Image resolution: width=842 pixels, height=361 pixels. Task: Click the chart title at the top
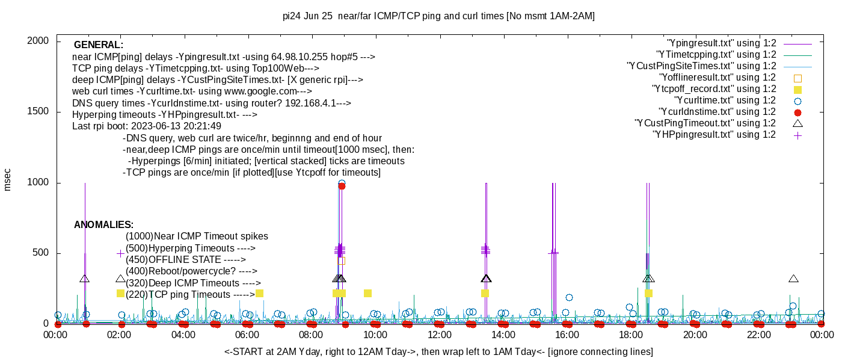pyautogui.click(x=438, y=16)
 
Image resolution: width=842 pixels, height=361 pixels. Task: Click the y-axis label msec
pyautogui.click(x=8, y=179)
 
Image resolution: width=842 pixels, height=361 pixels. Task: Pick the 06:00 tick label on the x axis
pyautogui.click(x=248, y=335)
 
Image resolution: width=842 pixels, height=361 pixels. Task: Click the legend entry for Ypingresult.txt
pyautogui.click(x=722, y=43)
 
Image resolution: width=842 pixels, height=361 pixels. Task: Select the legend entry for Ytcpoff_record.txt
pyautogui.click(x=713, y=89)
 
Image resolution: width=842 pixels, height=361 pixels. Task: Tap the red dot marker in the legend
pyautogui.click(x=797, y=112)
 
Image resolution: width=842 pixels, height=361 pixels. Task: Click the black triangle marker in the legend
pyautogui.click(x=797, y=123)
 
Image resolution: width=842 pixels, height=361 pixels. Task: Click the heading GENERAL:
pyautogui.click(x=98, y=45)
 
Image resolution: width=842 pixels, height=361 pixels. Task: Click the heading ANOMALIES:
pyautogui.click(x=103, y=225)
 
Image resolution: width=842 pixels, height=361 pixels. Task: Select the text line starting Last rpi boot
pyautogui.click(x=146, y=126)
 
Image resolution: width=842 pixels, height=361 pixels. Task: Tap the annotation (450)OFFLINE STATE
pyautogui.click(x=185, y=260)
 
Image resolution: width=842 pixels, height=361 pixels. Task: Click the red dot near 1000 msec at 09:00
pyautogui.click(x=342, y=186)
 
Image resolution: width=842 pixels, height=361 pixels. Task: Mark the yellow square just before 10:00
pyautogui.click(x=367, y=294)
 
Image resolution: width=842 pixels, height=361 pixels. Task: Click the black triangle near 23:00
pyautogui.click(x=793, y=279)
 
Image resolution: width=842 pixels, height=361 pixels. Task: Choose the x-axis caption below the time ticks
pyautogui.click(x=438, y=351)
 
